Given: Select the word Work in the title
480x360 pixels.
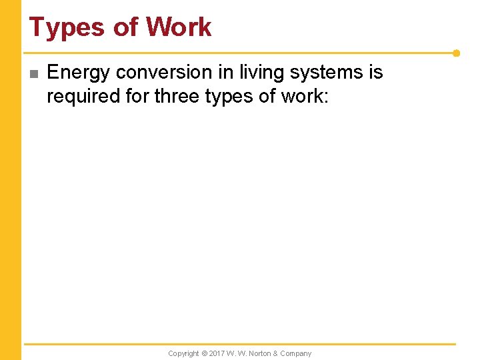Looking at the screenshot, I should pyautogui.click(x=179, y=27).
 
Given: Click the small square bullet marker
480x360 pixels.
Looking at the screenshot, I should pyautogui.click(x=34, y=73).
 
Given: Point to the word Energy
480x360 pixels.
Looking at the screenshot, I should pyautogui.click(x=79, y=72).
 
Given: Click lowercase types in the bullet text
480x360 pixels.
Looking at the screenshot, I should pyautogui.click(x=229, y=96).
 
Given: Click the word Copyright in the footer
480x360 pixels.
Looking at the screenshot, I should pyautogui.click(x=183, y=353).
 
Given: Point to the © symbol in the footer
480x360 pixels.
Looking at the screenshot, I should pyautogui.click(x=205, y=353).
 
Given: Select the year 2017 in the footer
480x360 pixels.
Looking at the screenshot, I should pyautogui.click(x=217, y=353).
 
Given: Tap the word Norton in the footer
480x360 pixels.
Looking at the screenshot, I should pyautogui.click(x=260, y=353).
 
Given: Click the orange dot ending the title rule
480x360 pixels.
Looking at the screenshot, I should pyautogui.click(x=456, y=53).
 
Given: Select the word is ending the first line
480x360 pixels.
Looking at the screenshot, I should pyautogui.click(x=375, y=72).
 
